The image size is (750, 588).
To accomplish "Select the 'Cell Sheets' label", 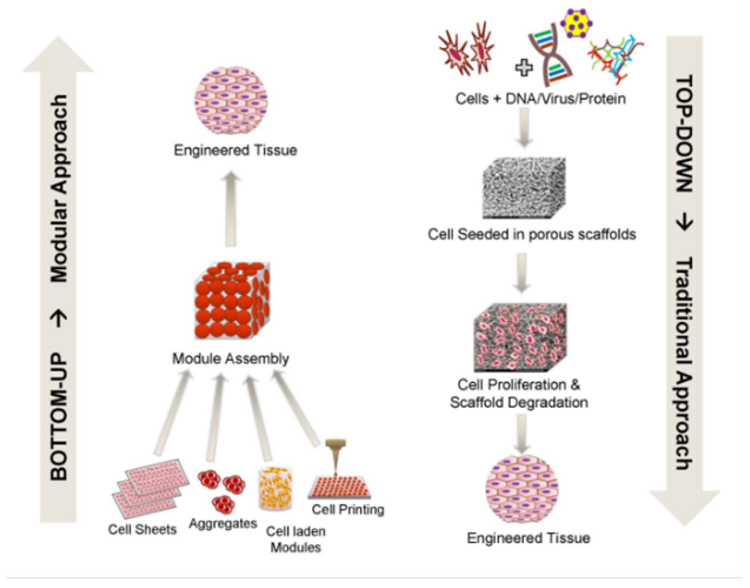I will click(142, 529).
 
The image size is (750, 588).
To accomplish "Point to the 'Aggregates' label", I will click(223, 524).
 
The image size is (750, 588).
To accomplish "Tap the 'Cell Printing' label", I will click(348, 509).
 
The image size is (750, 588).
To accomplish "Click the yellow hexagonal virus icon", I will click(576, 23).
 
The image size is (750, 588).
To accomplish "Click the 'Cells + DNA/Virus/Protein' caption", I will click(540, 99).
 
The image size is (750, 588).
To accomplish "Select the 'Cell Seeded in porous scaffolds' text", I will click(532, 235).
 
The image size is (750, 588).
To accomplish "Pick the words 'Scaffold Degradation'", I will click(519, 402).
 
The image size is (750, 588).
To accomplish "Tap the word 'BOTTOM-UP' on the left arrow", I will click(58, 417).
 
